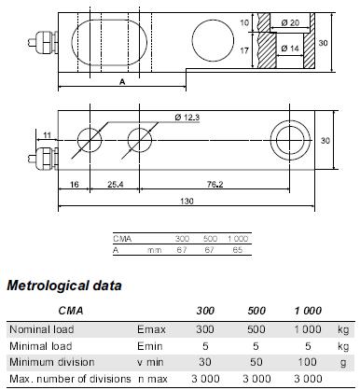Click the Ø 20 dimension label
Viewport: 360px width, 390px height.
pyautogui.click(x=290, y=22)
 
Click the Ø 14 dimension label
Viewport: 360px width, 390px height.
pyautogui.click(x=290, y=49)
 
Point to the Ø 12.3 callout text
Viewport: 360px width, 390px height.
pyautogui.click(x=187, y=118)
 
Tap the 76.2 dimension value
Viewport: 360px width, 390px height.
pyautogui.click(x=215, y=185)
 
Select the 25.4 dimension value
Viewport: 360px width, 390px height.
pyautogui.click(x=116, y=185)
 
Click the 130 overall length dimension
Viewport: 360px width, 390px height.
pyautogui.click(x=187, y=202)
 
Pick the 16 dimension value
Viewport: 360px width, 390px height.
pyautogui.click(x=75, y=185)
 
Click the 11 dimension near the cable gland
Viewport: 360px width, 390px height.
pyautogui.click(x=47, y=135)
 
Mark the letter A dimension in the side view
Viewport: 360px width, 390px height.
pyautogui.click(x=122, y=82)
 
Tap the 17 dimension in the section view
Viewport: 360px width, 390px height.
pyautogui.click(x=244, y=50)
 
